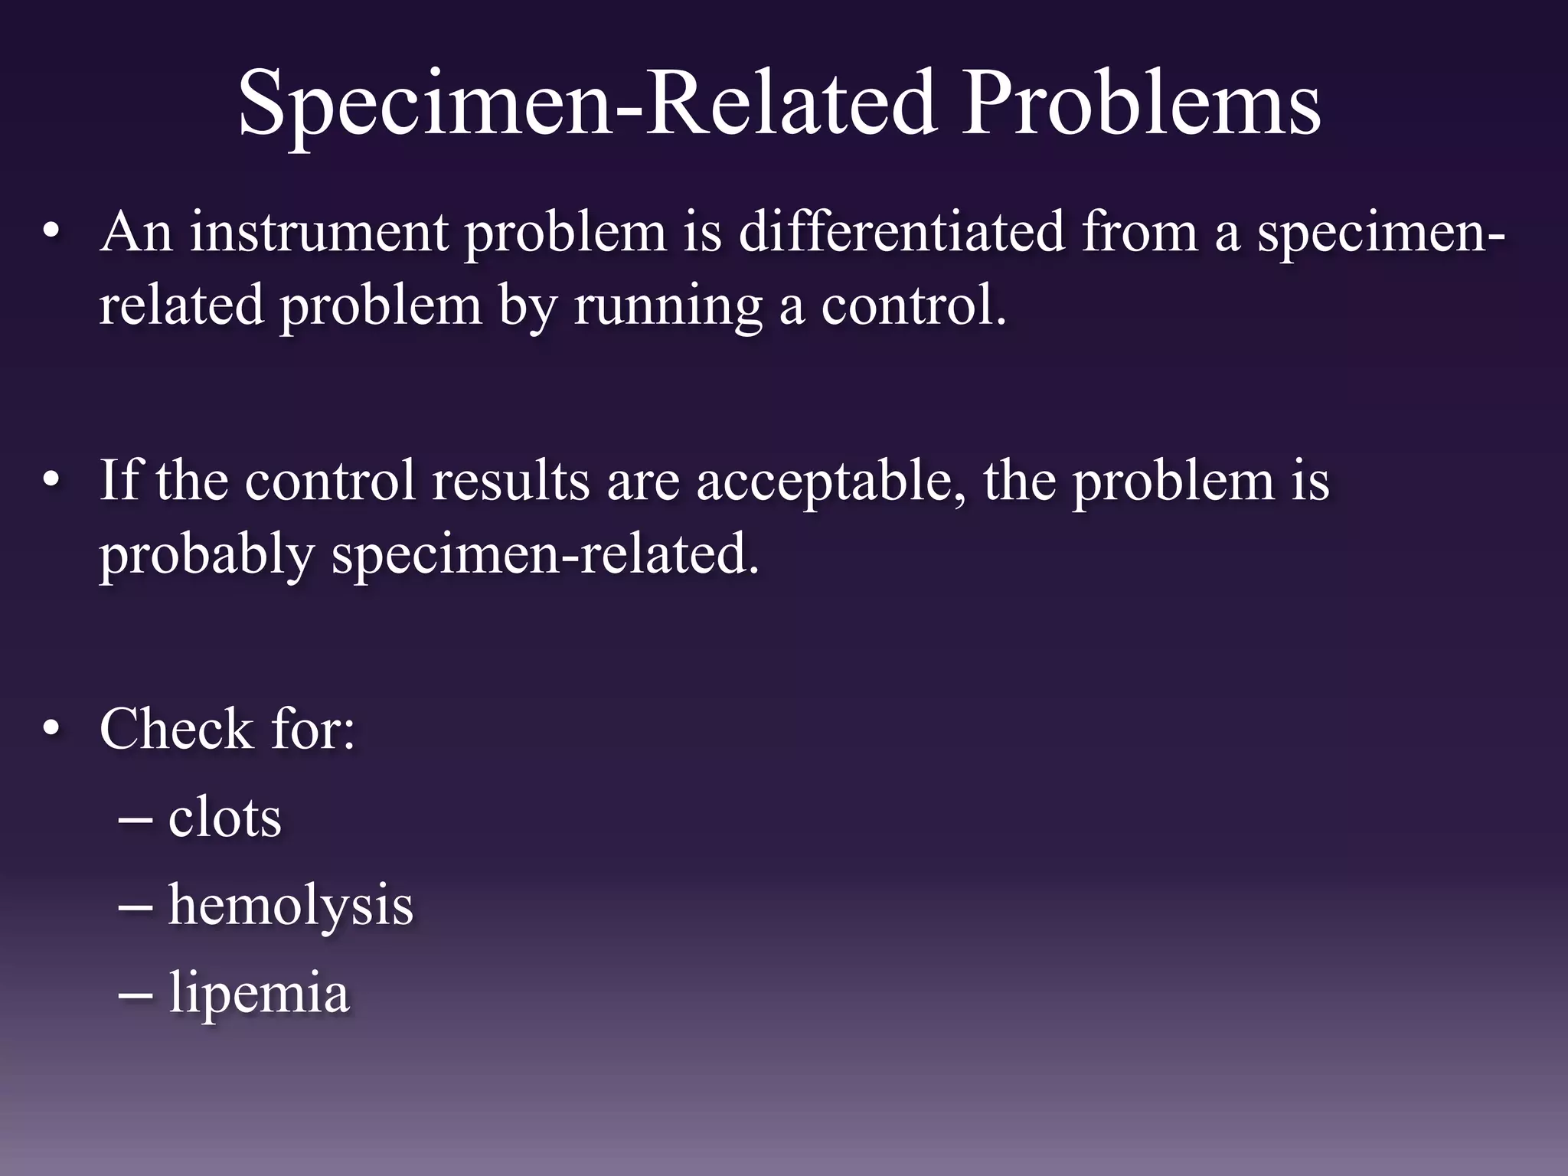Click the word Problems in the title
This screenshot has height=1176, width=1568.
[1141, 103]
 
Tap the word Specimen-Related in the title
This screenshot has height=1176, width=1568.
[586, 103]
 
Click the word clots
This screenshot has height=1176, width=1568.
[224, 817]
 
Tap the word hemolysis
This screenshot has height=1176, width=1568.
[290, 906]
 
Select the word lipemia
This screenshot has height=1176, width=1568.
[259, 994]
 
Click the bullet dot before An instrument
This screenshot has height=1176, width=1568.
[51, 232]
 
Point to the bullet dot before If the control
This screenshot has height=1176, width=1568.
[51, 480]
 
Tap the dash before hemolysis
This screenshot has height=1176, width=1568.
[136, 906]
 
